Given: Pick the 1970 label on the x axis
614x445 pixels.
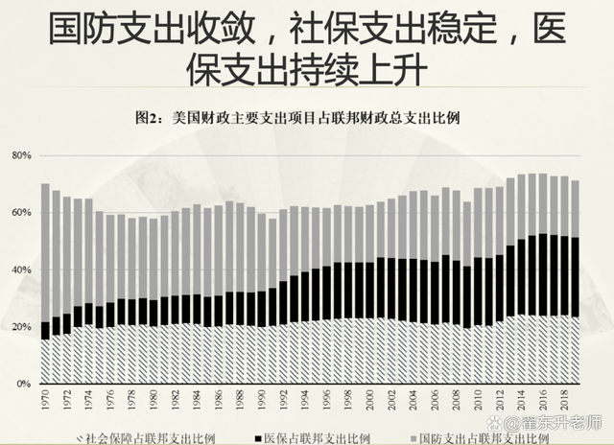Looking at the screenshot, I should [x=45, y=399].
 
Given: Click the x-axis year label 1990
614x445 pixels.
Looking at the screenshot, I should [x=261, y=399].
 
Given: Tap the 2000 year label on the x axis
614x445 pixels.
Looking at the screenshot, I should [x=369, y=399].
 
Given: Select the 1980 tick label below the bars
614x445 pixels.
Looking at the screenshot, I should [x=153, y=399].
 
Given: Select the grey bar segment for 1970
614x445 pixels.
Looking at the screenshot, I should [x=45, y=252].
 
